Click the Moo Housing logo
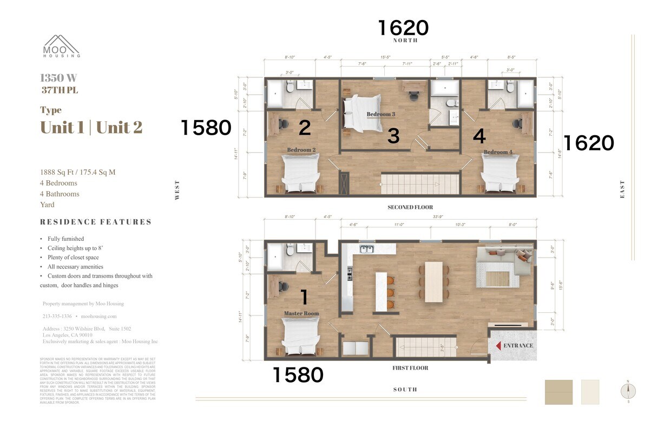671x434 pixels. (x=62, y=46)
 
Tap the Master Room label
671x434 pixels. (x=301, y=313)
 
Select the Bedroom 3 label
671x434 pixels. (x=381, y=114)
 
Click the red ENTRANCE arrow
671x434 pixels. (x=498, y=345)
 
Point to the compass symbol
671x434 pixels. (x=628, y=391)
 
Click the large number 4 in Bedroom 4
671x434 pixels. (x=479, y=136)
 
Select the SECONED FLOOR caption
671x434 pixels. (x=410, y=207)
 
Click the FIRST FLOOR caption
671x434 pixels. (x=410, y=368)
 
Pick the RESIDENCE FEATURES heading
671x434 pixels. (x=96, y=222)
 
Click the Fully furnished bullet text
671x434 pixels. (x=65, y=239)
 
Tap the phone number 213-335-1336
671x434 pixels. (x=57, y=316)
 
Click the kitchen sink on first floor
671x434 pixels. (x=367, y=249)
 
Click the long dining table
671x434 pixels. (x=433, y=281)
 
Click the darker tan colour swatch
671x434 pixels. (x=558, y=392)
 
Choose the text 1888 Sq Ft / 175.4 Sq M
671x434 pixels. (x=77, y=172)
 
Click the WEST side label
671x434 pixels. (x=177, y=190)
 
